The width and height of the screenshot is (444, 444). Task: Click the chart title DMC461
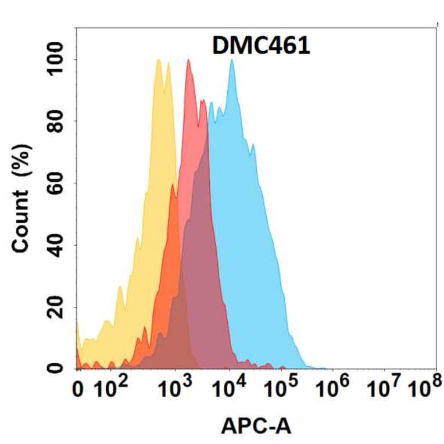(x=260, y=46)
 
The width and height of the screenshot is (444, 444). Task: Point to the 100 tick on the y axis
(x=58, y=59)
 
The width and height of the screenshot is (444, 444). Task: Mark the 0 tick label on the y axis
(x=58, y=368)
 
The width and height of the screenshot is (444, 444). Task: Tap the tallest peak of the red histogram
(x=188, y=60)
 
